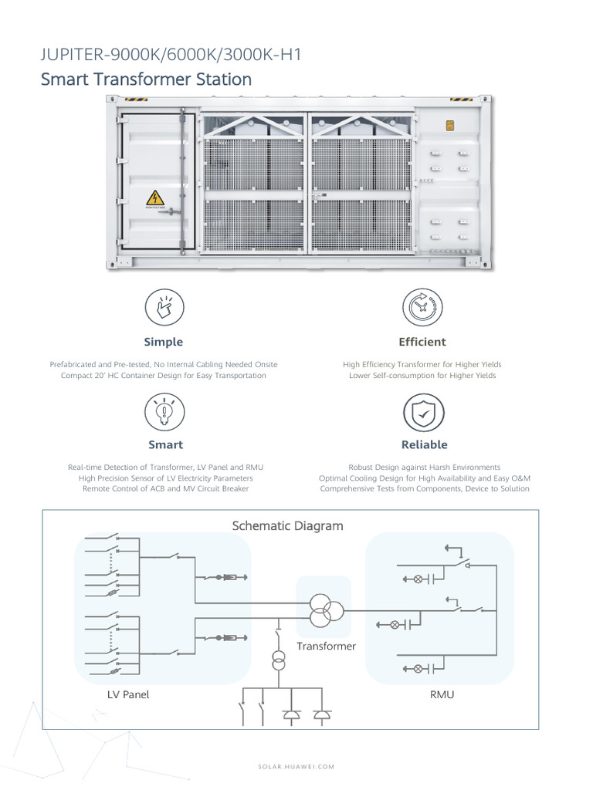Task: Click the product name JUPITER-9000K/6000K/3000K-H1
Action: (171, 55)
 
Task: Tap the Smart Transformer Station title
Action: (146, 79)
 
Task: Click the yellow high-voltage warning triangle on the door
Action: (154, 198)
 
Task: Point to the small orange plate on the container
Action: (449, 126)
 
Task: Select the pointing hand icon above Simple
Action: (164, 307)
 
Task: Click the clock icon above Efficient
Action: (422, 307)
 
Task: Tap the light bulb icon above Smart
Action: (164, 412)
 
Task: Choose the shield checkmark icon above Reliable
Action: (424, 412)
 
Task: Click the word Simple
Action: (164, 342)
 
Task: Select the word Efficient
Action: (422, 342)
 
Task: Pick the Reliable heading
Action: (425, 445)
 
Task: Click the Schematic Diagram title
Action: (287, 526)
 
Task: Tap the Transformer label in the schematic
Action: (327, 647)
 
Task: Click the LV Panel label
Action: (128, 695)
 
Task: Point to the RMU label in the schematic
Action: (442, 695)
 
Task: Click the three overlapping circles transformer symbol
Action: (325, 610)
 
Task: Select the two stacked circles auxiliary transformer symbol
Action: (278, 660)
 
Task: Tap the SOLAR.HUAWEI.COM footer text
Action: (296, 767)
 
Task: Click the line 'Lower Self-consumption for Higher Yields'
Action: (422, 376)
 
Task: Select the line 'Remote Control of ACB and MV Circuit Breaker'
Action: (165, 488)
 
